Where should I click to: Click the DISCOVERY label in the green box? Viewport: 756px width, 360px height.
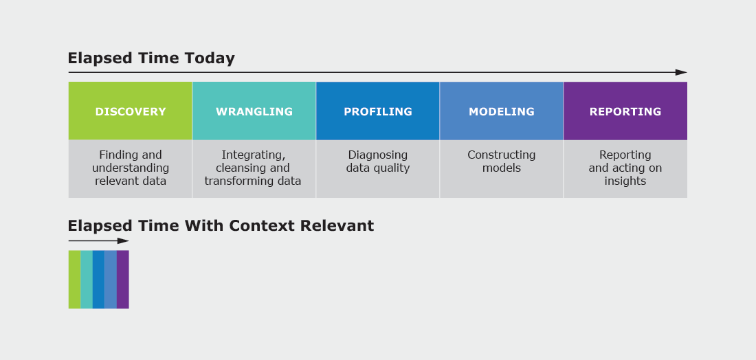click(130, 112)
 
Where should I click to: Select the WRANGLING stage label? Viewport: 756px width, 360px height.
click(254, 112)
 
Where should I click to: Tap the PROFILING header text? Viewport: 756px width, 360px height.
click(378, 112)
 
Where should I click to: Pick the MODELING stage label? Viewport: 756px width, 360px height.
click(502, 112)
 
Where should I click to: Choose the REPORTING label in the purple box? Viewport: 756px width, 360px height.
click(625, 112)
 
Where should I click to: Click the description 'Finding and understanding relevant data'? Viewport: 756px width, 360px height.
click(131, 168)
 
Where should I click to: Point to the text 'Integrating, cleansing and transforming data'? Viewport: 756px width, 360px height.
click(253, 168)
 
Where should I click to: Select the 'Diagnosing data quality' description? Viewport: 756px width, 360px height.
click(378, 161)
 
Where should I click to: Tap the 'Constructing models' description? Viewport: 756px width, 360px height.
click(502, 161)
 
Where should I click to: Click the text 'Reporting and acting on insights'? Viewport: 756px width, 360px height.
click(625, 168)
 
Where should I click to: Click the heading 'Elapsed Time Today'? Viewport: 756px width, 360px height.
click(151, 58)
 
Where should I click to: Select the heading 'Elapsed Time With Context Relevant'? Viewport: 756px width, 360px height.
click(221, 225)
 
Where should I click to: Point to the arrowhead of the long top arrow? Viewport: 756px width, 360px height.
click(681, 72)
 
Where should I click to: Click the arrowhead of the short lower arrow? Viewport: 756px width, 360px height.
click(124, 241)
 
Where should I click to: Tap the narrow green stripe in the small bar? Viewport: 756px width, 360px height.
click(75, 280)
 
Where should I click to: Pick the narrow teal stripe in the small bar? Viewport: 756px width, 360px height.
click(87, 280)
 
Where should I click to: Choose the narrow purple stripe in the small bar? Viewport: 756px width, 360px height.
click(123, 280)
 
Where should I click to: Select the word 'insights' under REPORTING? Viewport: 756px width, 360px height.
click(625, 181)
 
